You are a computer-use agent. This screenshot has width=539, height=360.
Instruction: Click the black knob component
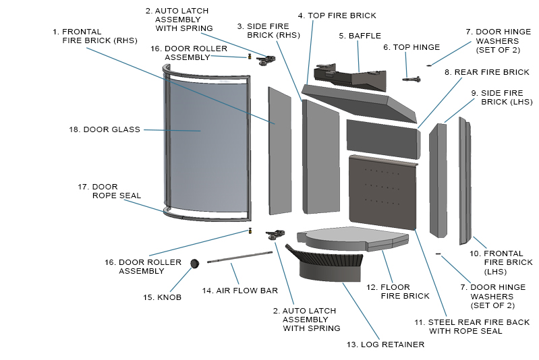(x=196, y=264)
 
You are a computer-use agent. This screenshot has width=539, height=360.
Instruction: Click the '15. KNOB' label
(x=161, y=297)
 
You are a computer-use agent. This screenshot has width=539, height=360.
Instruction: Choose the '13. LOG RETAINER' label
(x=385, y=344)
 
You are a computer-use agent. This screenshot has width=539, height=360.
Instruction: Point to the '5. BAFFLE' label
(x=360, y=36)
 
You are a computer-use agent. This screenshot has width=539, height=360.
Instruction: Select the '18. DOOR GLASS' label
(x=105, y=129)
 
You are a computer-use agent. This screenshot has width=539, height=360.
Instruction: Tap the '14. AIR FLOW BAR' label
(x=240, y=291)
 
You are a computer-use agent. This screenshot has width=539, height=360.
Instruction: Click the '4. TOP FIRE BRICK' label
(x=337, y=16)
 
